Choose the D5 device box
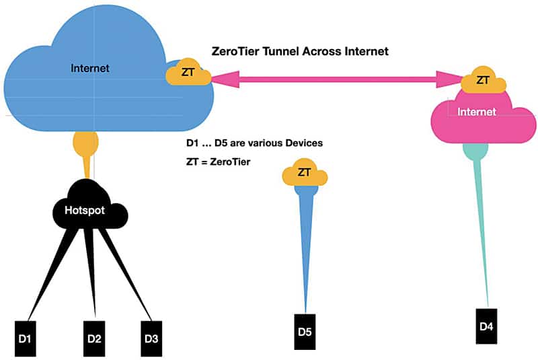pyautogui.click(x=305, y=331)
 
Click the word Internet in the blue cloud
pyautogui.click(x=89, y=68)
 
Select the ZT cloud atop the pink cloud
pyautogui.click(x=482, y=80)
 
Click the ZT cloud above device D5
pyautogui.click(x=305, y=173)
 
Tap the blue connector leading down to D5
pyautogui.click(x=305, y=249)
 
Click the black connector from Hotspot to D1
pyautogui.click(x=47, y=276)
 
